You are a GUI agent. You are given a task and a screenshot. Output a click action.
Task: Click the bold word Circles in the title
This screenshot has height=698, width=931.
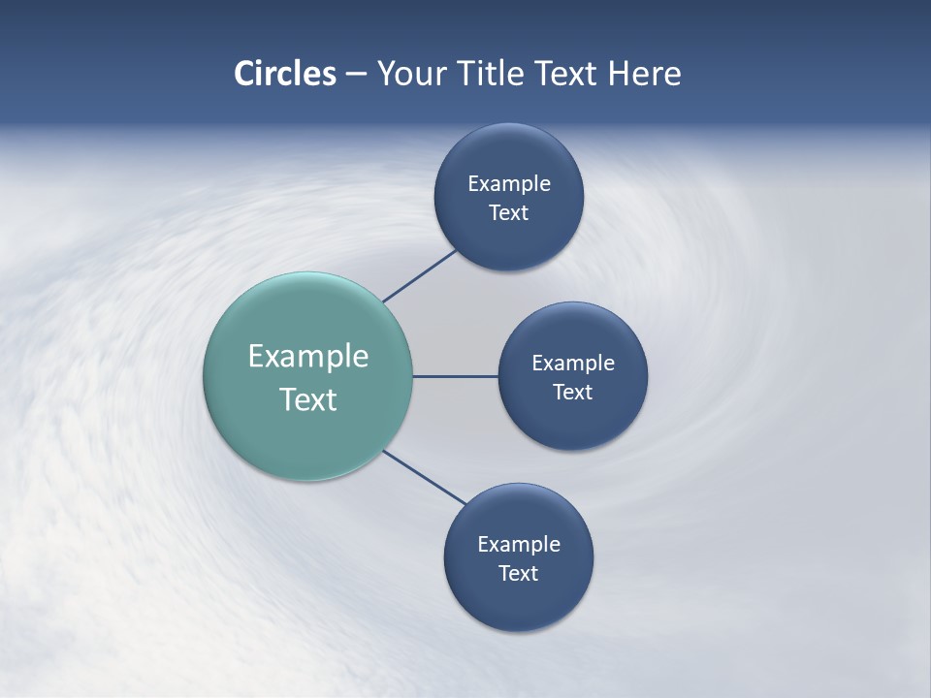[x=284, y=74]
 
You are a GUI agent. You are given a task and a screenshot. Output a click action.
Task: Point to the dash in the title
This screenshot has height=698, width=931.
[x=356, y=75]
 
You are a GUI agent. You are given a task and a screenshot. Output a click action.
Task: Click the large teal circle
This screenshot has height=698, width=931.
[x=307, y=310]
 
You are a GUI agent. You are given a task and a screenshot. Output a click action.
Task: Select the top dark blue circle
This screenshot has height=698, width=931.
[x=508, y=155]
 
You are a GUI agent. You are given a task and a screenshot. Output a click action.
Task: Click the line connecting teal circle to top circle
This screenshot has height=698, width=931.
[x=420, y=275]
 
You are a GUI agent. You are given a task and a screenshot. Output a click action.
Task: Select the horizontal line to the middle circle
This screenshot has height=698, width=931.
[x=455, y=376]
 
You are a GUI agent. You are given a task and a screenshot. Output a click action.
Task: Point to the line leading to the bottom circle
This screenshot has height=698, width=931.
[x=425, y=478]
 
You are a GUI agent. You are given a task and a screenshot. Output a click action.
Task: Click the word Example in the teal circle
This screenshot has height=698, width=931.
[x=307, y=356]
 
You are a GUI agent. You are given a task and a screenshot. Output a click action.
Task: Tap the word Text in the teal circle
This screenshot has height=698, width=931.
[x=307, y=399]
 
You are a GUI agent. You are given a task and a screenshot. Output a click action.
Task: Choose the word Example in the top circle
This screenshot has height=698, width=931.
[x=508, y=184]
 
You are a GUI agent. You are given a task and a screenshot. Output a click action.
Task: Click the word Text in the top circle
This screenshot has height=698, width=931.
[x=508, y=213]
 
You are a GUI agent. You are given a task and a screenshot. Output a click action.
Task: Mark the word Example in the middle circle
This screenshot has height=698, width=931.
[x=572, y=364]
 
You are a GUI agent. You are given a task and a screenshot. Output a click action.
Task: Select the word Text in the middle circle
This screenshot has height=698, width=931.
[x=572, y=393]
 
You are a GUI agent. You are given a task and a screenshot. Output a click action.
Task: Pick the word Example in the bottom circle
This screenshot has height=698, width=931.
[x=518, y=545]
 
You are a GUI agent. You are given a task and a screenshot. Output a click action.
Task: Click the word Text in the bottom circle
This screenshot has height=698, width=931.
[x=518, y=574]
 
